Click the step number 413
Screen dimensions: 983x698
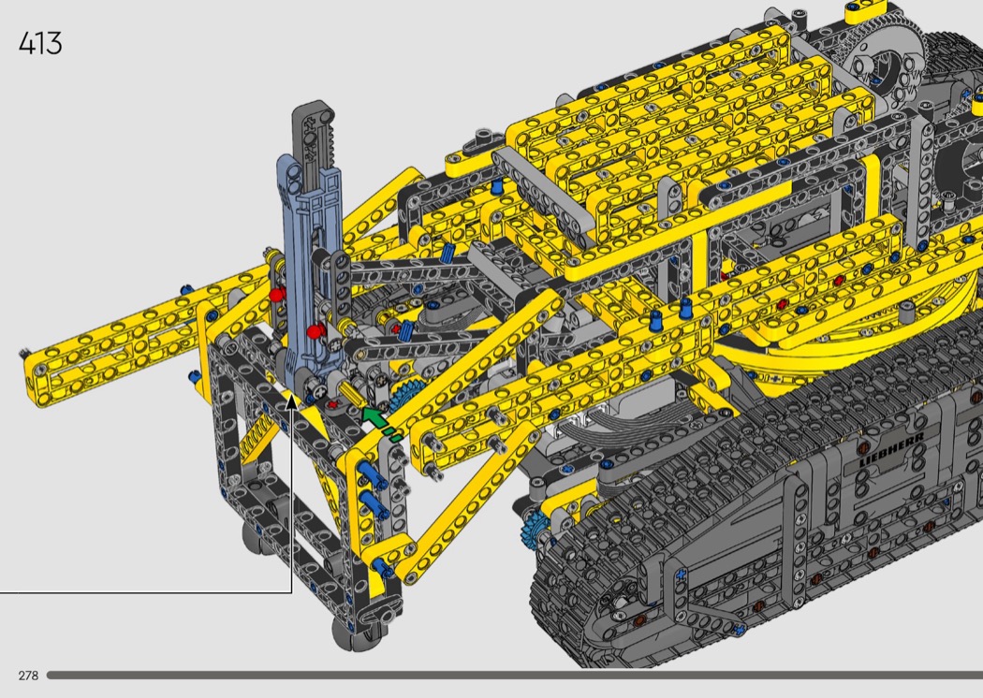click(40, 43)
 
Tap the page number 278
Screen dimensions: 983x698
click(28, 676)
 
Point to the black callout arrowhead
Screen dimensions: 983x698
click(291, 401)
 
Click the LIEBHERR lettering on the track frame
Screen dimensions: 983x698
click(891, 448)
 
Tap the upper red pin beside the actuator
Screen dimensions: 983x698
click(277, 295)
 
